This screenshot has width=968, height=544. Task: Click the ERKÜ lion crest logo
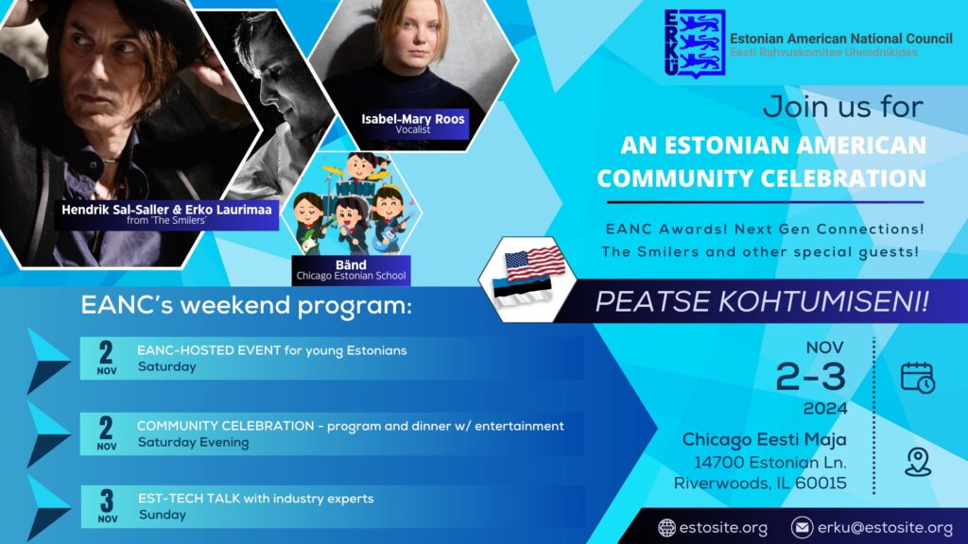695,43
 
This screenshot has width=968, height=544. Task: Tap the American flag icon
535,263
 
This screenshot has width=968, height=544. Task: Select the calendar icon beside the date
918,377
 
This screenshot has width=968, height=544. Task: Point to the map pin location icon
918,462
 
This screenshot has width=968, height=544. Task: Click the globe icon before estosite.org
666,528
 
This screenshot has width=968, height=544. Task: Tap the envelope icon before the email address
802,528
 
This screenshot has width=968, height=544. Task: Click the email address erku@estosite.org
885,528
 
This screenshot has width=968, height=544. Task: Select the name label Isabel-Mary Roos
413,119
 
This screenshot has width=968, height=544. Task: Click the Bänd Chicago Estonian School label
352,270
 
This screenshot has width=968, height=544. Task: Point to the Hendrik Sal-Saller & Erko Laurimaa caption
166,214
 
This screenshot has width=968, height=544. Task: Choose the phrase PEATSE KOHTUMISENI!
762,301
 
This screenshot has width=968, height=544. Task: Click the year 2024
824,408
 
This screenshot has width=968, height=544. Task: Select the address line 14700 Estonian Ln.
770,462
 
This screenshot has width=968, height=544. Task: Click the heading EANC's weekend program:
247,305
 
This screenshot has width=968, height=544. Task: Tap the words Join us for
843,107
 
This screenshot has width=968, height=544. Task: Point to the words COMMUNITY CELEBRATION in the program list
225,426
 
